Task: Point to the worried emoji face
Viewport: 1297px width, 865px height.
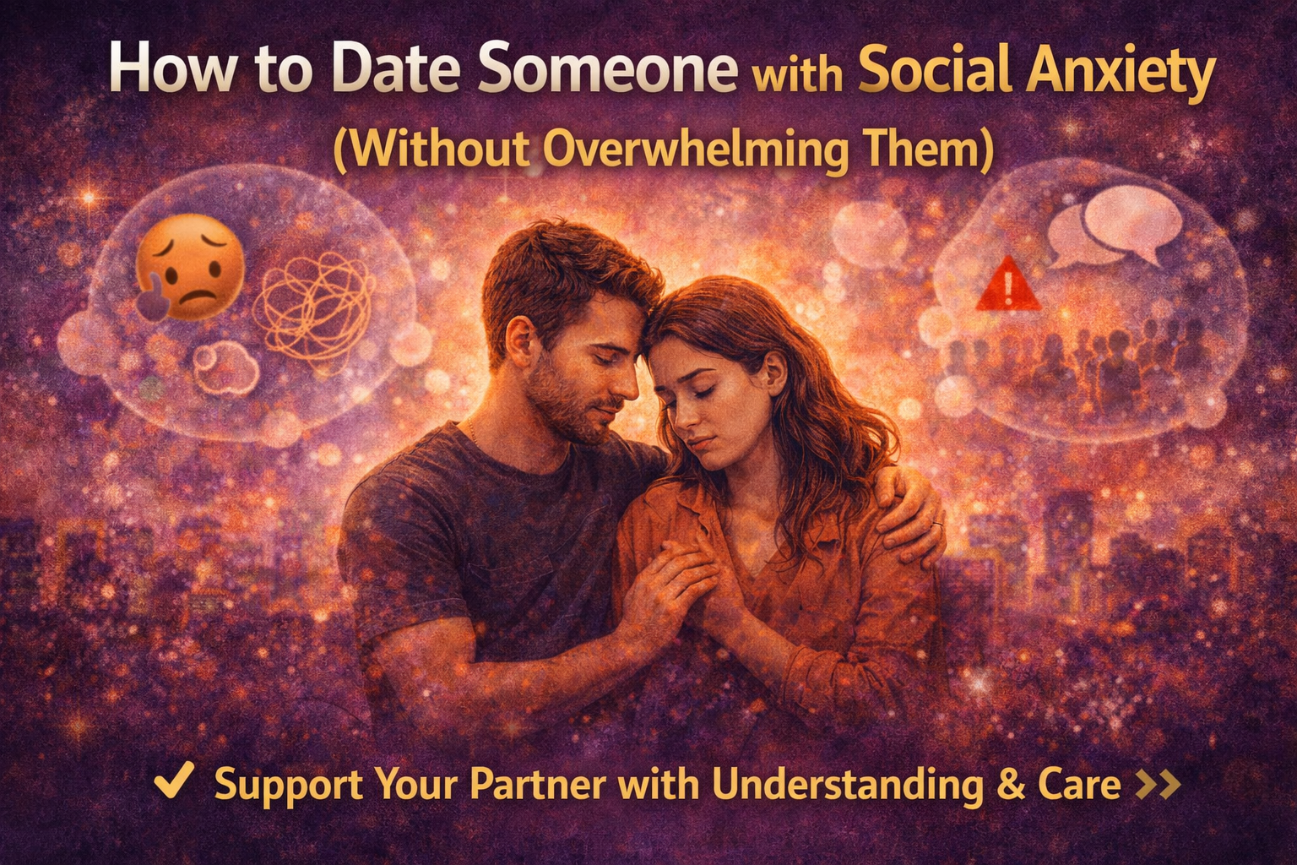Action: point(190,269)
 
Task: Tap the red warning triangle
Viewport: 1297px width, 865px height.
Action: point(1008,286)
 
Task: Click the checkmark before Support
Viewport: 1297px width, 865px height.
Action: point(174,781)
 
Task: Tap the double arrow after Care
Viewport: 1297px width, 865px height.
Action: point(1157,784)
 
